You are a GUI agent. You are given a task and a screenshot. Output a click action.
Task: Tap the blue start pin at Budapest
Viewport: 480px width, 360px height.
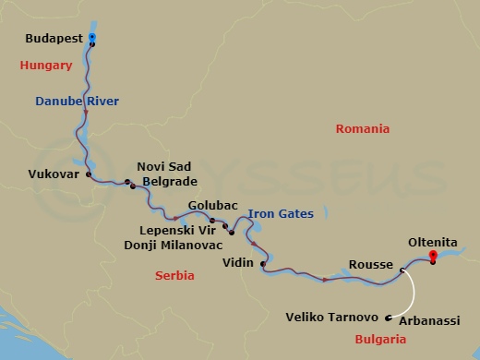(92, 37)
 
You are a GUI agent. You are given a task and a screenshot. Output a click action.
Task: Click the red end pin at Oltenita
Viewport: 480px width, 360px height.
(432, 258)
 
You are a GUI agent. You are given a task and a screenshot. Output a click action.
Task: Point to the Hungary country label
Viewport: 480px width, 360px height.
(45, 66)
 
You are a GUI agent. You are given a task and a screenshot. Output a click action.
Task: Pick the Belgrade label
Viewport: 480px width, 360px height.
(169, 182)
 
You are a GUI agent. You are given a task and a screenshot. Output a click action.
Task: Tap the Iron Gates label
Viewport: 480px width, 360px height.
(280, 214)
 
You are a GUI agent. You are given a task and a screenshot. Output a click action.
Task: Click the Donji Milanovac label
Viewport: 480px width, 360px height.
(174, 245)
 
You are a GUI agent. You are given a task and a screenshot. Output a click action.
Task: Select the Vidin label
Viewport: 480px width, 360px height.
(238, 263)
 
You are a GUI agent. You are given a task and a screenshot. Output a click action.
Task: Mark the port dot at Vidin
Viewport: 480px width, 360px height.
(263, 266)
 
